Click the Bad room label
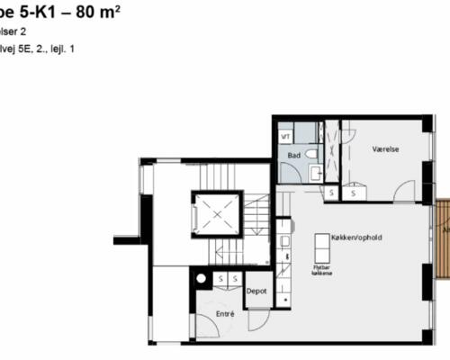click(293, 156)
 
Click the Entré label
click(227, 314)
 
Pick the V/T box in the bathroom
click(285, 137)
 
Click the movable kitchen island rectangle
click(320, 246)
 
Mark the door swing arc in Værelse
click(405, 191)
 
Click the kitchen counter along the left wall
click(283, 261)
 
